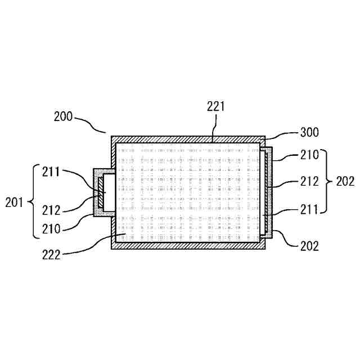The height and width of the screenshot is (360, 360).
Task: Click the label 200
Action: tap(64, 116)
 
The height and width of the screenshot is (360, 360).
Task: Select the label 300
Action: tap(309, 133)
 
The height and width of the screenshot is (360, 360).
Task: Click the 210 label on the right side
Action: tap(309, 154)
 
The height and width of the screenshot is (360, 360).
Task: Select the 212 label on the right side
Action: tap(309, 181)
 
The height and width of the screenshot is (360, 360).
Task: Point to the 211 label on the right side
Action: tap(309, 209)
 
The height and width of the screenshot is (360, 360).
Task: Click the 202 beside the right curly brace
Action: tap(344, 181)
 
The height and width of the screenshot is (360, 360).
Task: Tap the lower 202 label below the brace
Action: tap(309, 246)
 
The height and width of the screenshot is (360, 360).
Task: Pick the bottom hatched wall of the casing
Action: tap(188, 245)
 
